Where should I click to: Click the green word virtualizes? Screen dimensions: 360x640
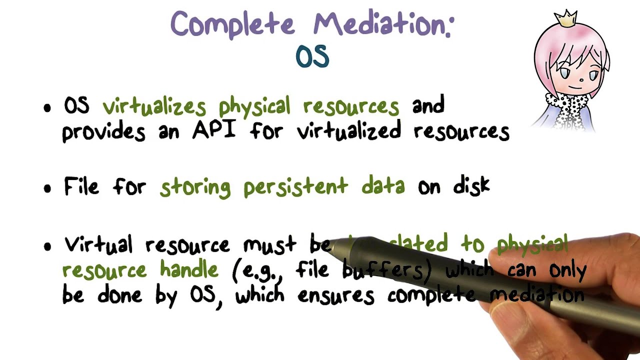[x=154, y=106]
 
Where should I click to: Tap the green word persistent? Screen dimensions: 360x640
[x=295, y=186]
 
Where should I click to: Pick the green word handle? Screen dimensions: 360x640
[x=189, y=270]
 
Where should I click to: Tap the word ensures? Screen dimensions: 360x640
[x=335, y=295]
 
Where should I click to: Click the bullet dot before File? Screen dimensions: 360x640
[x=47, y=189]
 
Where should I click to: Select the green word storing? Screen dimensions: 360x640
[x=195, y=187]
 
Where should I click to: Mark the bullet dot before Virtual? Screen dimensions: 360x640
[x=47, y=246]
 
